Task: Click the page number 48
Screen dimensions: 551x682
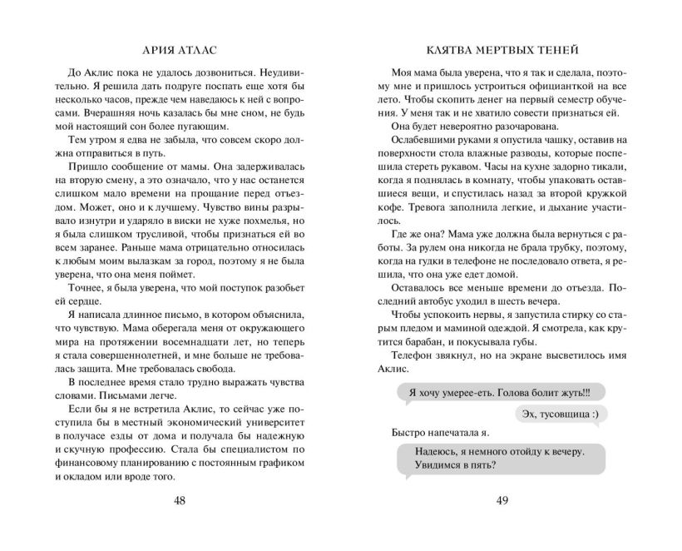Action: (x=180, y=500)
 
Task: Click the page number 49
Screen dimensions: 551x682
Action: (x=502, y=500)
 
